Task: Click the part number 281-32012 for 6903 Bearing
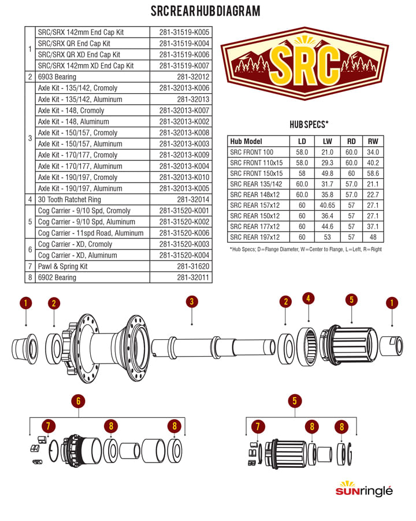[x=193, y=77]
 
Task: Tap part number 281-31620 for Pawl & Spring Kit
[x=193, y=266]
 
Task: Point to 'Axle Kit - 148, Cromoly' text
[x=71, y=111]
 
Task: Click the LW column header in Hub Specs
[x=328, y=141]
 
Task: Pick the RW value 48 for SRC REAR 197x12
[x=373, y=237]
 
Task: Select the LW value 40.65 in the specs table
[x=328, y=206]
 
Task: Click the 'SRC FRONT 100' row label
[x=251, y=152]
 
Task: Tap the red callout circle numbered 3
[x=192, y=302]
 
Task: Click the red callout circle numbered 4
[x=308, y=298]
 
